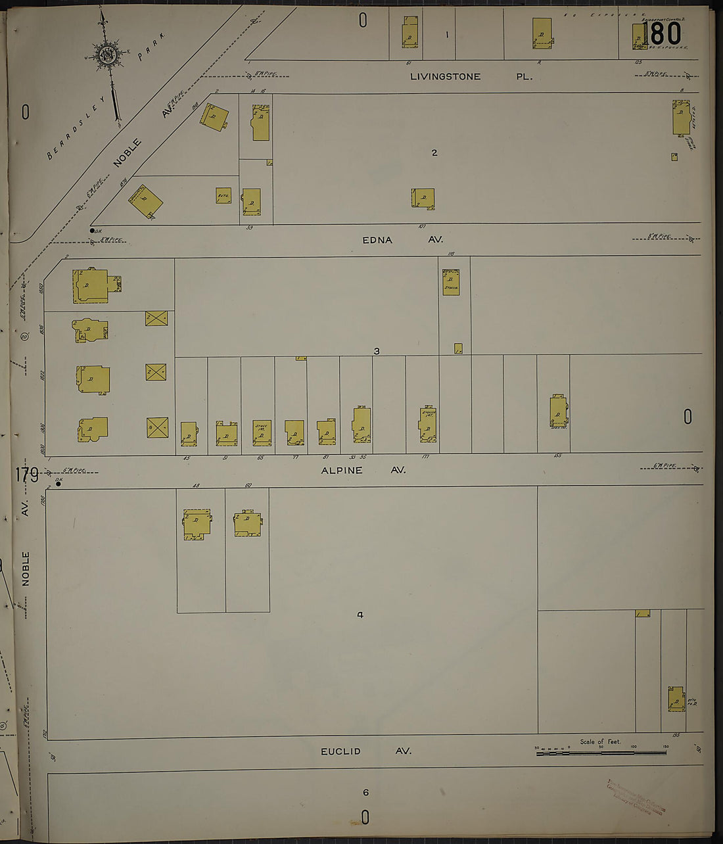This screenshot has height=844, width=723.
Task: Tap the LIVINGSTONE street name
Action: click(x=445, y=76)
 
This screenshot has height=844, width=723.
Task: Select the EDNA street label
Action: click(x=377, y=240)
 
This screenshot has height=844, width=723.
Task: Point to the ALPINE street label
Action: click(x=342, y=470)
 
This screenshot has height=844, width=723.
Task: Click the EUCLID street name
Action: click(x=340, y=751)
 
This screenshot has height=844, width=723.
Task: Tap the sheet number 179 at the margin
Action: click(x=26, y=473)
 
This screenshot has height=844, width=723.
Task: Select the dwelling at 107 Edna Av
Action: click(x=423, y=199)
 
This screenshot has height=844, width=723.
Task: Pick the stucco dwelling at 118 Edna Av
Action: click(x=451, y=282)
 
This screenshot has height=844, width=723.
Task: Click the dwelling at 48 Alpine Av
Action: click(x=197, y=524)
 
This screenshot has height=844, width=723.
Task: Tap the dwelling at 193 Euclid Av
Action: click(x=676, y=699)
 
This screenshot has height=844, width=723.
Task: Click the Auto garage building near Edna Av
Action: click(x=223, y=195)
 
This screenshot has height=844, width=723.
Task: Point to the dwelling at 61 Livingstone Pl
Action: click(x=410, y=32)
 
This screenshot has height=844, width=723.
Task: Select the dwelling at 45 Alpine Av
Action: click(x=189, y=434)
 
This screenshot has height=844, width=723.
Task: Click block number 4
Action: click(x=360, y=615)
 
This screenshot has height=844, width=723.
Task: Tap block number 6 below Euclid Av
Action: click(x=366, y=792)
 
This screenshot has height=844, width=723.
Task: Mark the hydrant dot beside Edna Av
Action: click(x=92, y=231)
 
